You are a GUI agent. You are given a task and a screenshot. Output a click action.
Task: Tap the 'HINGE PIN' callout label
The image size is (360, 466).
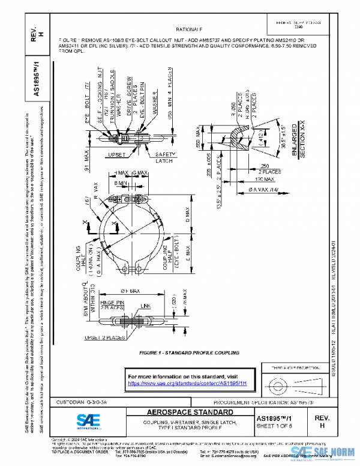coord(112,304)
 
